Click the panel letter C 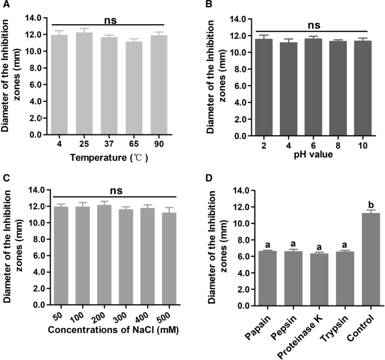click(x=4, y=179)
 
